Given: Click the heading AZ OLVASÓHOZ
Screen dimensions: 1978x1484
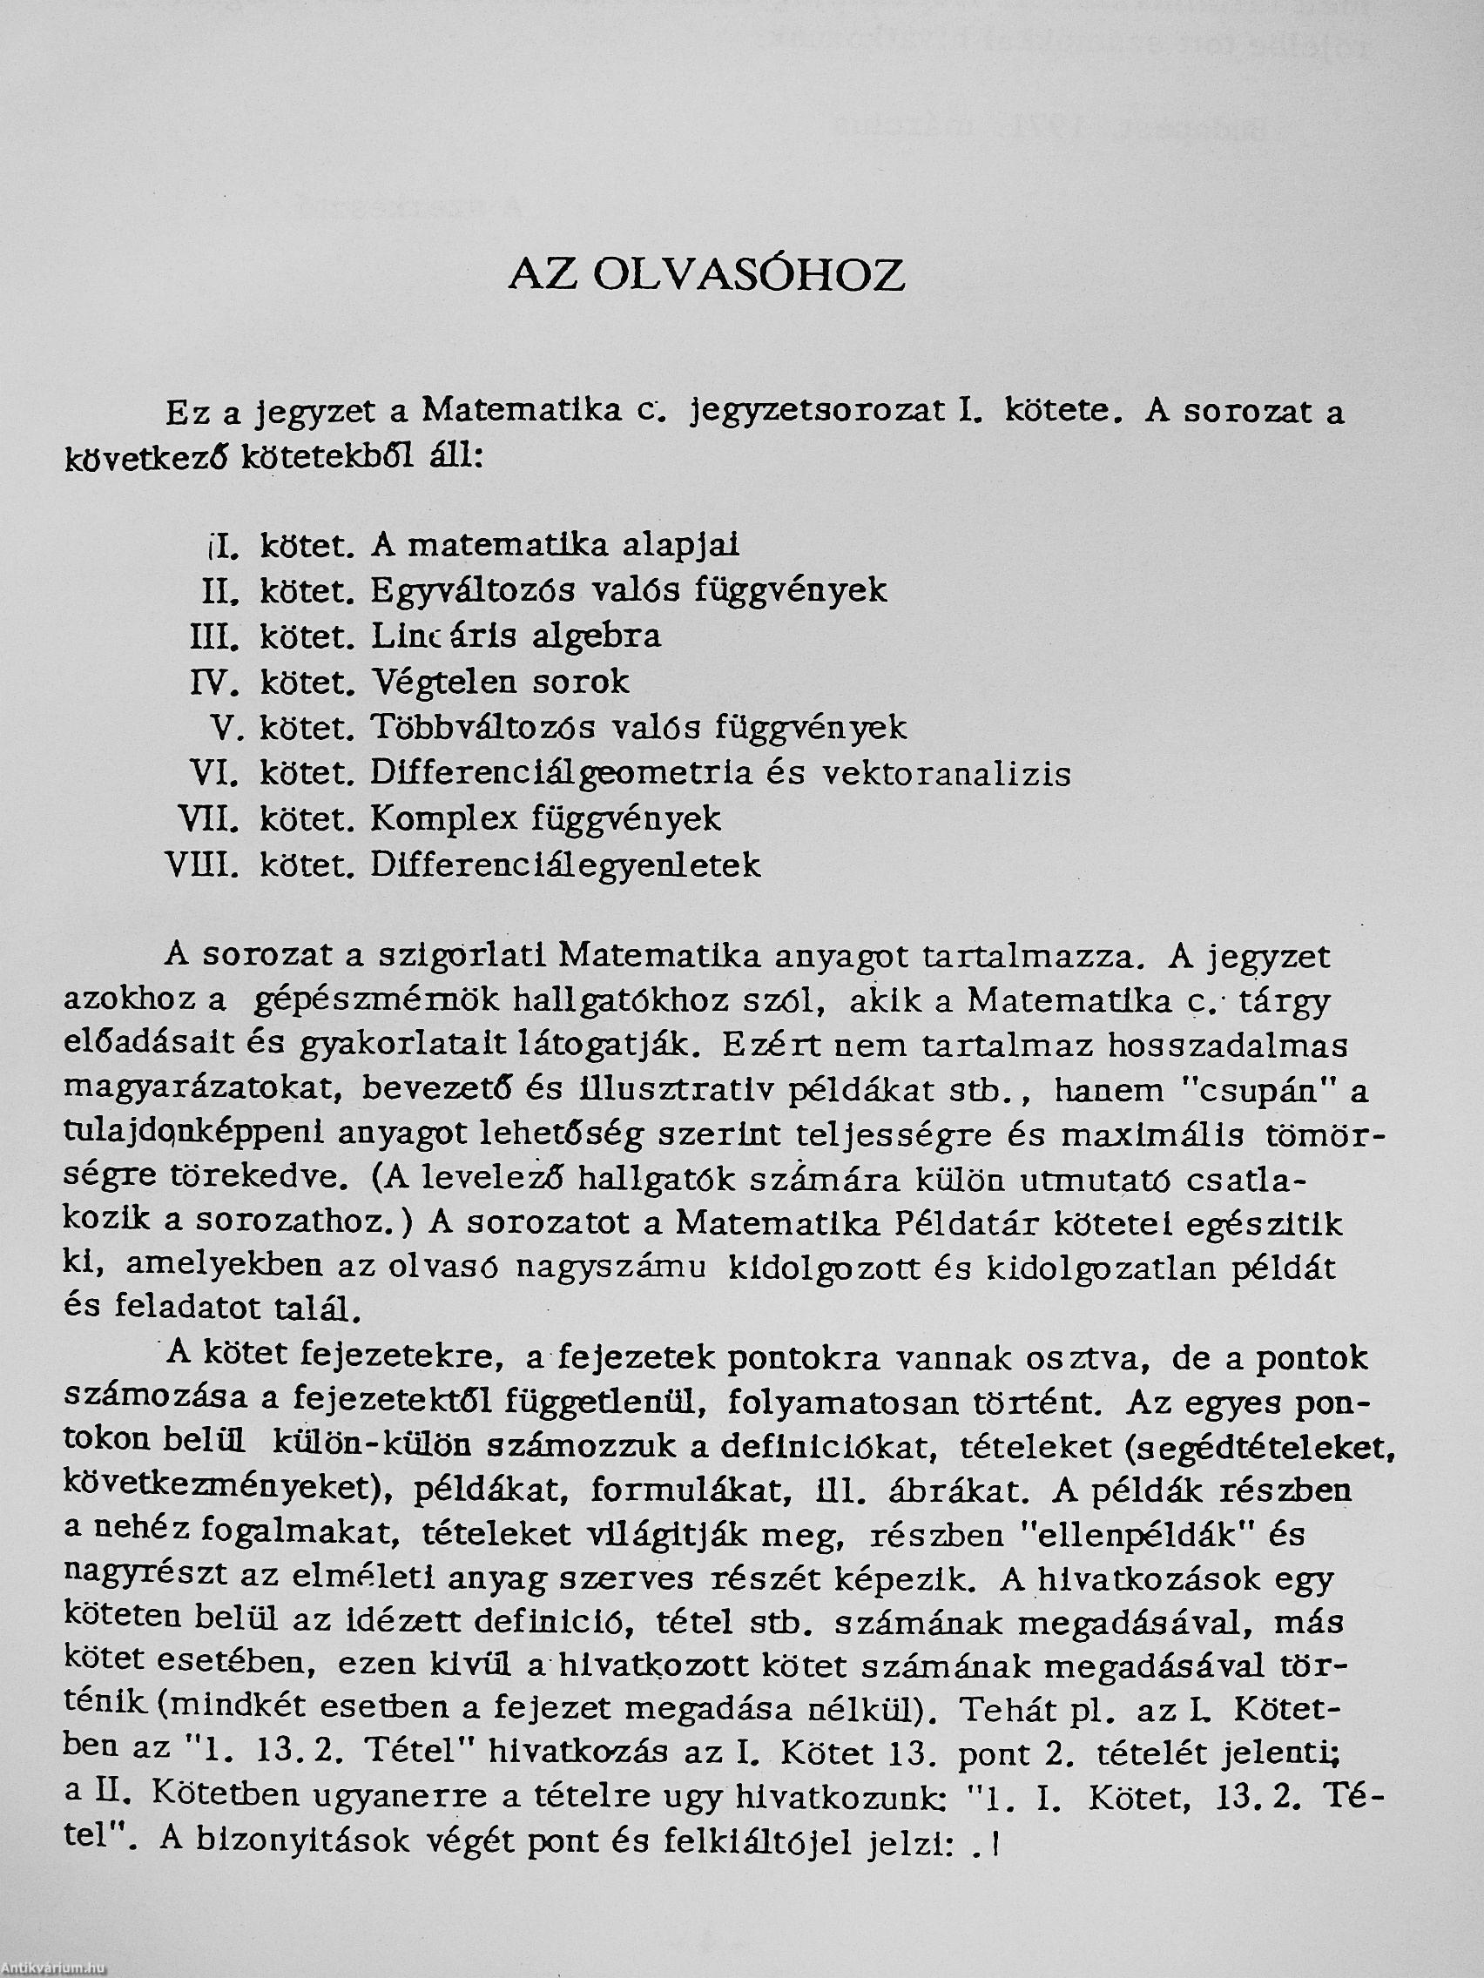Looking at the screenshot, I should point(705,275).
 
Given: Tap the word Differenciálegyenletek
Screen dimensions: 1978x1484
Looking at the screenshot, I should point(565,865).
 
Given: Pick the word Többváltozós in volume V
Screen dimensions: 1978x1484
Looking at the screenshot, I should point(483,727).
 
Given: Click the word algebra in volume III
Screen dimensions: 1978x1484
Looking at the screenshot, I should point(597,636).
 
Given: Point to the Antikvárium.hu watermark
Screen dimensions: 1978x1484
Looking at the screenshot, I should point(54,1969).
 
